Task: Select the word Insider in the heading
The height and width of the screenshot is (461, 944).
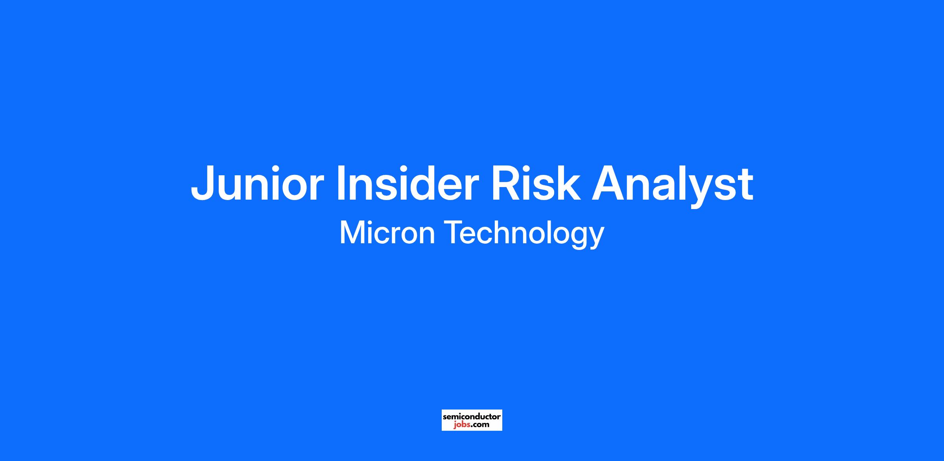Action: pos(408,183)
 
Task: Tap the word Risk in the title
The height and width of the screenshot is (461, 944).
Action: pos(535,183)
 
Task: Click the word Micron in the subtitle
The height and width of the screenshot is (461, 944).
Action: pos(387,232)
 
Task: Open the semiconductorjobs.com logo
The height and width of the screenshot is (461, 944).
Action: pos(472,420)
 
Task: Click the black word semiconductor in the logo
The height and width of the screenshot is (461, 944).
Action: pos(472,416)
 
